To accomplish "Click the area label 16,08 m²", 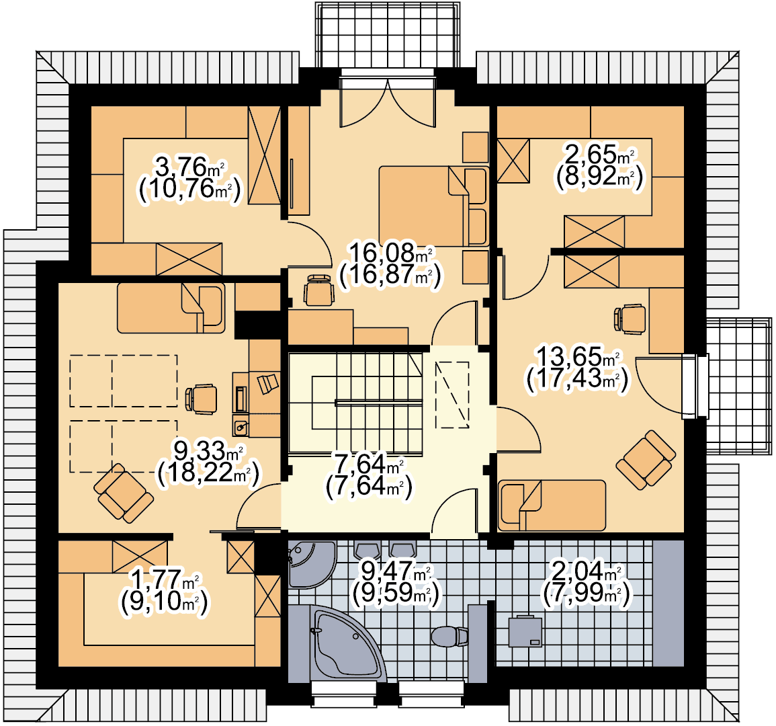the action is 390,253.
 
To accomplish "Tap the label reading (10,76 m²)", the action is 190,189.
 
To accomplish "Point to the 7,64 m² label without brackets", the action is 370,465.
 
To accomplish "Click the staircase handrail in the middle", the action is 379,403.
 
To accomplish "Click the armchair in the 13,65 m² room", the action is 646,460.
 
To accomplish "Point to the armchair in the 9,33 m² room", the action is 124,493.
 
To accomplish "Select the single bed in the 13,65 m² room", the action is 552,505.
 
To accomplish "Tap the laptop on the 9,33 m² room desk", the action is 268,383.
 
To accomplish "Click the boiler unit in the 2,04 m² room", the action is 525,631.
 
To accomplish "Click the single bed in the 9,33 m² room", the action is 171,307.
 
